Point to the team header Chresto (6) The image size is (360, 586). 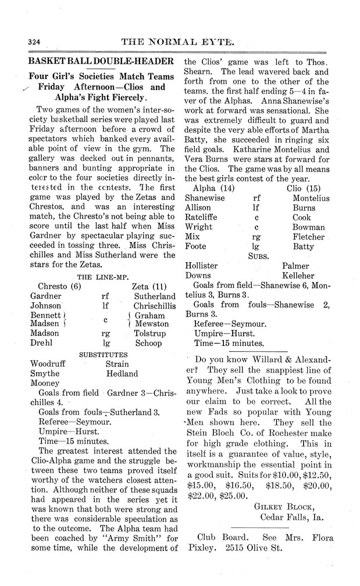tap(59, 286)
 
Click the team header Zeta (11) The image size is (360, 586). tap(149, 286)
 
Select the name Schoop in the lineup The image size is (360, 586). tap(148, 344)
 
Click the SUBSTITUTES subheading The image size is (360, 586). tap(103, 354)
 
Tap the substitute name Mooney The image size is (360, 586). tap(44, 384)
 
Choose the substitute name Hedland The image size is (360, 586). tap(122, 374)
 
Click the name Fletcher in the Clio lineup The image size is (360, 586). tap(308, 237)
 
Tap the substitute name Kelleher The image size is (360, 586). tap(298, 275)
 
